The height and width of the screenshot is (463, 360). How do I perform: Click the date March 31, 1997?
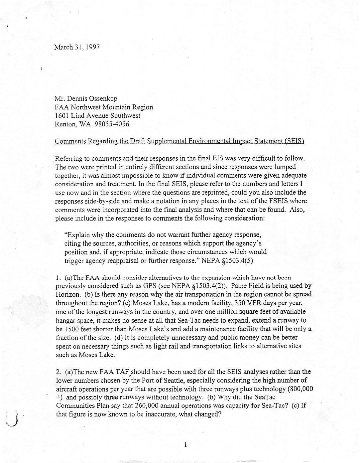77,47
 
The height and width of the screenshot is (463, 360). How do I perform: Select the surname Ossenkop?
102,99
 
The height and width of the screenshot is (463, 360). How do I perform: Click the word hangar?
65,321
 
